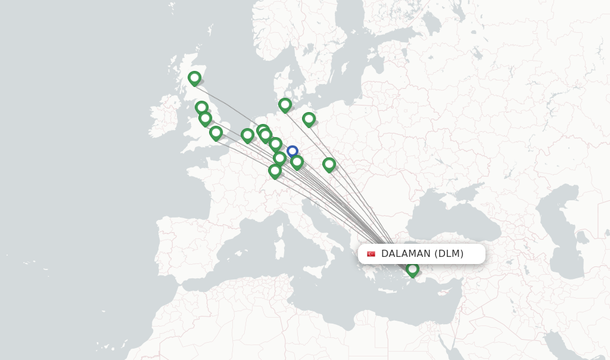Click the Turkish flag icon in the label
(371, 254)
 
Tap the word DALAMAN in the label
(406, 254)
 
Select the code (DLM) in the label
(449, 254)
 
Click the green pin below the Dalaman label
(412, 270)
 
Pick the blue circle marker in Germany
(292, 151)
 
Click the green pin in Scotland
(194, 78)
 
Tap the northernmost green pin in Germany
(285, 105)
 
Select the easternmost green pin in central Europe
(329, 165)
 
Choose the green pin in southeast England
(216, 132)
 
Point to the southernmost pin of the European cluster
(275, 171)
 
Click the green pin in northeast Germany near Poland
(309, 120)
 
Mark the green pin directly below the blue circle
(297, 162)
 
